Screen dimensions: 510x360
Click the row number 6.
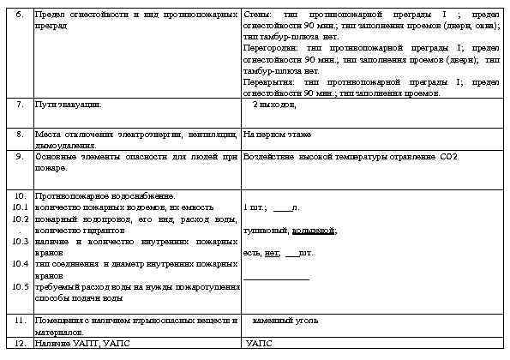tap(20, 15)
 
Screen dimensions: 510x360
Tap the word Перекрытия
tap(265, 82)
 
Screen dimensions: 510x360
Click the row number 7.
tap(20, 104)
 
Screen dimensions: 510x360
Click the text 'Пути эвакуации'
tap(68, 104)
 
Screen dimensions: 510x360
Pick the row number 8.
tap(20, 135)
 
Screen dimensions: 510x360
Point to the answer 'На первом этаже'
tap(277, 135)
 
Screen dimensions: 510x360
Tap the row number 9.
tap(20, 157)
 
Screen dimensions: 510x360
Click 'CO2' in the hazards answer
tap(449, 157)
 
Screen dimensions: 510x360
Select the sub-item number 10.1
tap(21, 207)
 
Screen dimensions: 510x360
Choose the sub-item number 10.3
tap(21, 242)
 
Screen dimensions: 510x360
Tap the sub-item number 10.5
tap(21, 286)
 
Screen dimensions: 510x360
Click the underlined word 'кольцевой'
tap(315, 231)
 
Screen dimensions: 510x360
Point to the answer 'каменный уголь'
tap(286, 320)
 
